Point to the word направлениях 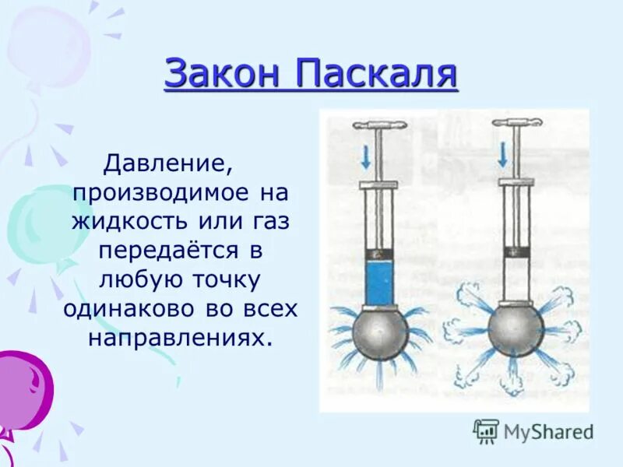(x=181, y=337)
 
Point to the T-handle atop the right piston (x=516, y=123)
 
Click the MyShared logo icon (x=486, y=430)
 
